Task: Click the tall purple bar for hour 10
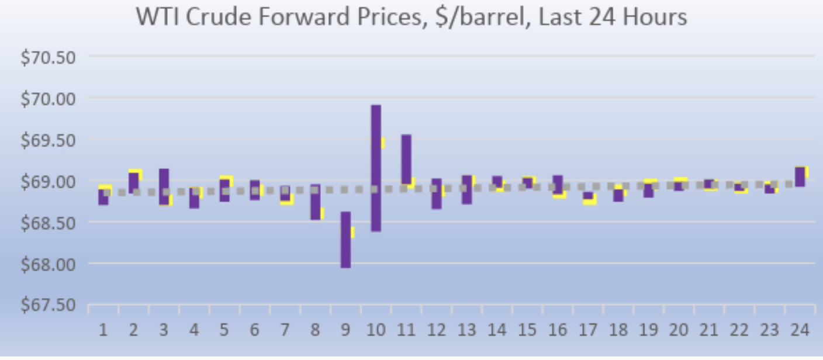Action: [x=376, y=168]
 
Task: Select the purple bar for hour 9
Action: [x=345, y=240]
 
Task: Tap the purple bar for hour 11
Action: [x=406, y=159]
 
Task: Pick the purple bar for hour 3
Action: [x=164, y=186]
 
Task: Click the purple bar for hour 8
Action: [x=315, y=202]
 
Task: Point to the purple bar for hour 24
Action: [x=800, y=176]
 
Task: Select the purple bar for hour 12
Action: [x=437, y=193]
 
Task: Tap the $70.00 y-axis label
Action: [x=49, y=99]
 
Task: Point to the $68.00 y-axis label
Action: [x=49, y=264]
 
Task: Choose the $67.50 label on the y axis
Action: [x=49, y=305]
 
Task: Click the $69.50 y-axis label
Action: [x=49, y=140]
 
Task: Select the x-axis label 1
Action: [x=103, y=330]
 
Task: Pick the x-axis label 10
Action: [x=376, y=330]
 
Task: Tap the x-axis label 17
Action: [x=589, y=330]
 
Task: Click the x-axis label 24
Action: [x=800, y=330]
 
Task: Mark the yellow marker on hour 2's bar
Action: [x=136, y=174]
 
